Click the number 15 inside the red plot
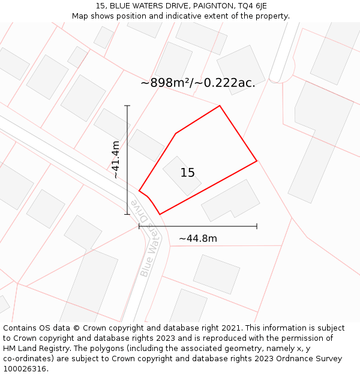pyautogui.click(x=188, y=173)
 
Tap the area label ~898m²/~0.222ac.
pyautogui.click(x=198, y=83)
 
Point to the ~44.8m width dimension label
pyautogui.click(x=198, y=238)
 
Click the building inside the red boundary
pyautogui.click(x=181, y=176)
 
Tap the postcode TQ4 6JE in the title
pyautogui.click(x=250, y=6)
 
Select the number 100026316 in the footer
pyautogui.click(x=25, y=369)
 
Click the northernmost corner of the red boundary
pyautogui.click(x=220, y=106)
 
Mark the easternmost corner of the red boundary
pyautogui.click(x=257, y=161)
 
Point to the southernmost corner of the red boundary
pyautogui.click(x=160, y=214)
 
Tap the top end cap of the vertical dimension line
pyautogui.click(x=127, y=106)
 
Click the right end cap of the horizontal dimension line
pyautogui.click(x=257, y=226)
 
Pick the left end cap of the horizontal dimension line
pyautogui.click(x=139, y=226)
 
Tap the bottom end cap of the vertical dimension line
pyautogui.click(x=127, y=214)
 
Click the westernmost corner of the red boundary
pyautogui.click(x=139, y=191)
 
